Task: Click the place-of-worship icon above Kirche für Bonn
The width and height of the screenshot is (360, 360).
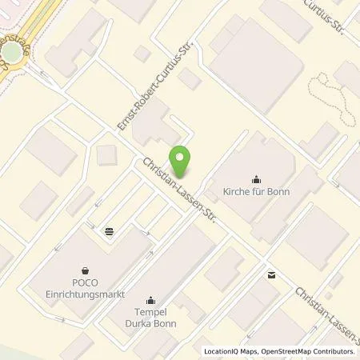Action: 256,179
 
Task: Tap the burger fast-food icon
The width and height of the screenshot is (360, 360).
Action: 109,231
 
